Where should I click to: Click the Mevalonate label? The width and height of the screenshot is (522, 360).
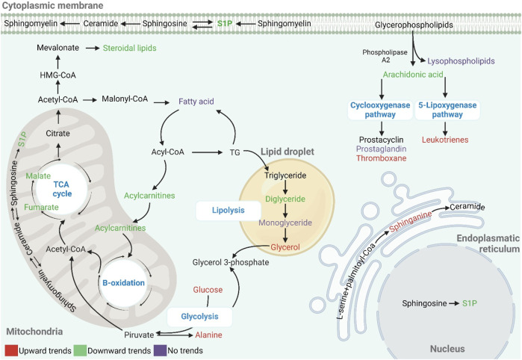tap(58, 48)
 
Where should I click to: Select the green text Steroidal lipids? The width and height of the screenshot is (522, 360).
tap(129, 48)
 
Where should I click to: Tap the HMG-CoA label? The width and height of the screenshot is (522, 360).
tap(58, 75)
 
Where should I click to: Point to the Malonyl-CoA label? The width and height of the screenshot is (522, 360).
tap(125, 99)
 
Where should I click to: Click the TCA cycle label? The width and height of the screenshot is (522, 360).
tap(61, 189)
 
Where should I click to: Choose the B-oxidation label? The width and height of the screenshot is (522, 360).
tap(123, 283)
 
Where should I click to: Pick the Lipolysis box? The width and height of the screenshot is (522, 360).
tap(229, 211)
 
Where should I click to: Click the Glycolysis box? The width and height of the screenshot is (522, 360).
tap(199, 317)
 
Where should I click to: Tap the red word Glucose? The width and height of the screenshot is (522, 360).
tap(208, 290)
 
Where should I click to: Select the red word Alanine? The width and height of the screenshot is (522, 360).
tap(209, 335)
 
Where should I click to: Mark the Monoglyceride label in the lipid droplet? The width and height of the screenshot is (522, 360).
tap(285, 223)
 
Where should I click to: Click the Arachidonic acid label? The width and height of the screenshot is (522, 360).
tap(413, 75)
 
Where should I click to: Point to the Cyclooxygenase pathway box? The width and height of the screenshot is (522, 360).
tap(380, 110)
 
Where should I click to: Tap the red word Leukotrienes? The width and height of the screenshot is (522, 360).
tap(445, 140)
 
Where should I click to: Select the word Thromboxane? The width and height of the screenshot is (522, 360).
tap(382, 158)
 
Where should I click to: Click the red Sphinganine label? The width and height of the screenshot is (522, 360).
tap(411, 221)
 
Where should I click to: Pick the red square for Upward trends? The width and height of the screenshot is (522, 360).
tap(11, 351)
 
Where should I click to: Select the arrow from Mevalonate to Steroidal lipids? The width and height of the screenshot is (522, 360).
tap(92, 49)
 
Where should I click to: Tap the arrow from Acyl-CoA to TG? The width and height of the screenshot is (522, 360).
tap(207, 152)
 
